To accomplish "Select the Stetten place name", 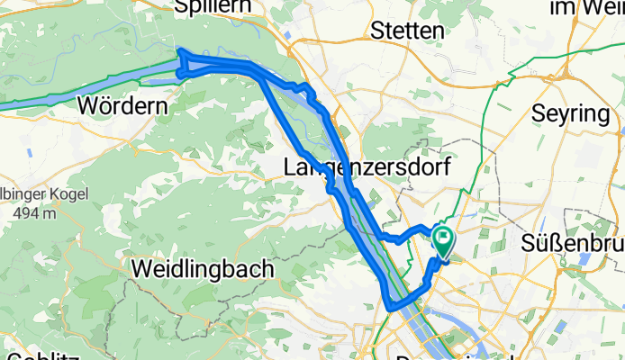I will [407, 30].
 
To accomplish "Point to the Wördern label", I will [123, 105].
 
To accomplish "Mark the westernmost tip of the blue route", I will [180, 51].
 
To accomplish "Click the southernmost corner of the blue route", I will [392, 308].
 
